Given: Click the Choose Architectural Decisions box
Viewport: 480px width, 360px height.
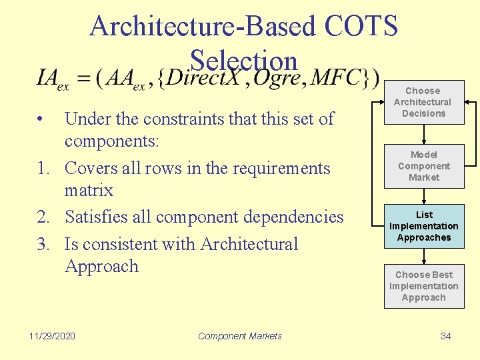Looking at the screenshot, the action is click(x=423, y=102).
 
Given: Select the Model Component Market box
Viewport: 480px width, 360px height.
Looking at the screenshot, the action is click(x=424, y=166).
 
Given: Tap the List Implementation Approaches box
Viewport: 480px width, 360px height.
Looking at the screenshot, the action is click(x=424, y=226).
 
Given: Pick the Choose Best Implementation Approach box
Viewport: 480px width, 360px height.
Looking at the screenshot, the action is click(x=424, y=286).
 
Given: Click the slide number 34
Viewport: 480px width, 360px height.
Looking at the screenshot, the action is click(x=446, y=336).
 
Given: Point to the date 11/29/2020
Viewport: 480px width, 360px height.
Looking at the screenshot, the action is click(x=53, y=336).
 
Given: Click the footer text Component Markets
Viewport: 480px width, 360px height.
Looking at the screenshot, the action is click(x=240, y=336).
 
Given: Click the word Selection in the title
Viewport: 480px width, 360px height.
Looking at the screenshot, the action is click(x=243, y=61).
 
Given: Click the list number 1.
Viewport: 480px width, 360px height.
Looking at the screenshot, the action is click(x=43, y=169).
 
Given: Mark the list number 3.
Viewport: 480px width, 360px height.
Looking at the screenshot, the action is click(x=43, y=245).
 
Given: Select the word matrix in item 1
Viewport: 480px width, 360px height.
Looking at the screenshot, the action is click(x=89, y=191).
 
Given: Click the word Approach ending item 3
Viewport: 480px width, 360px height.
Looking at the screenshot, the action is click(x=101, y=267).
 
